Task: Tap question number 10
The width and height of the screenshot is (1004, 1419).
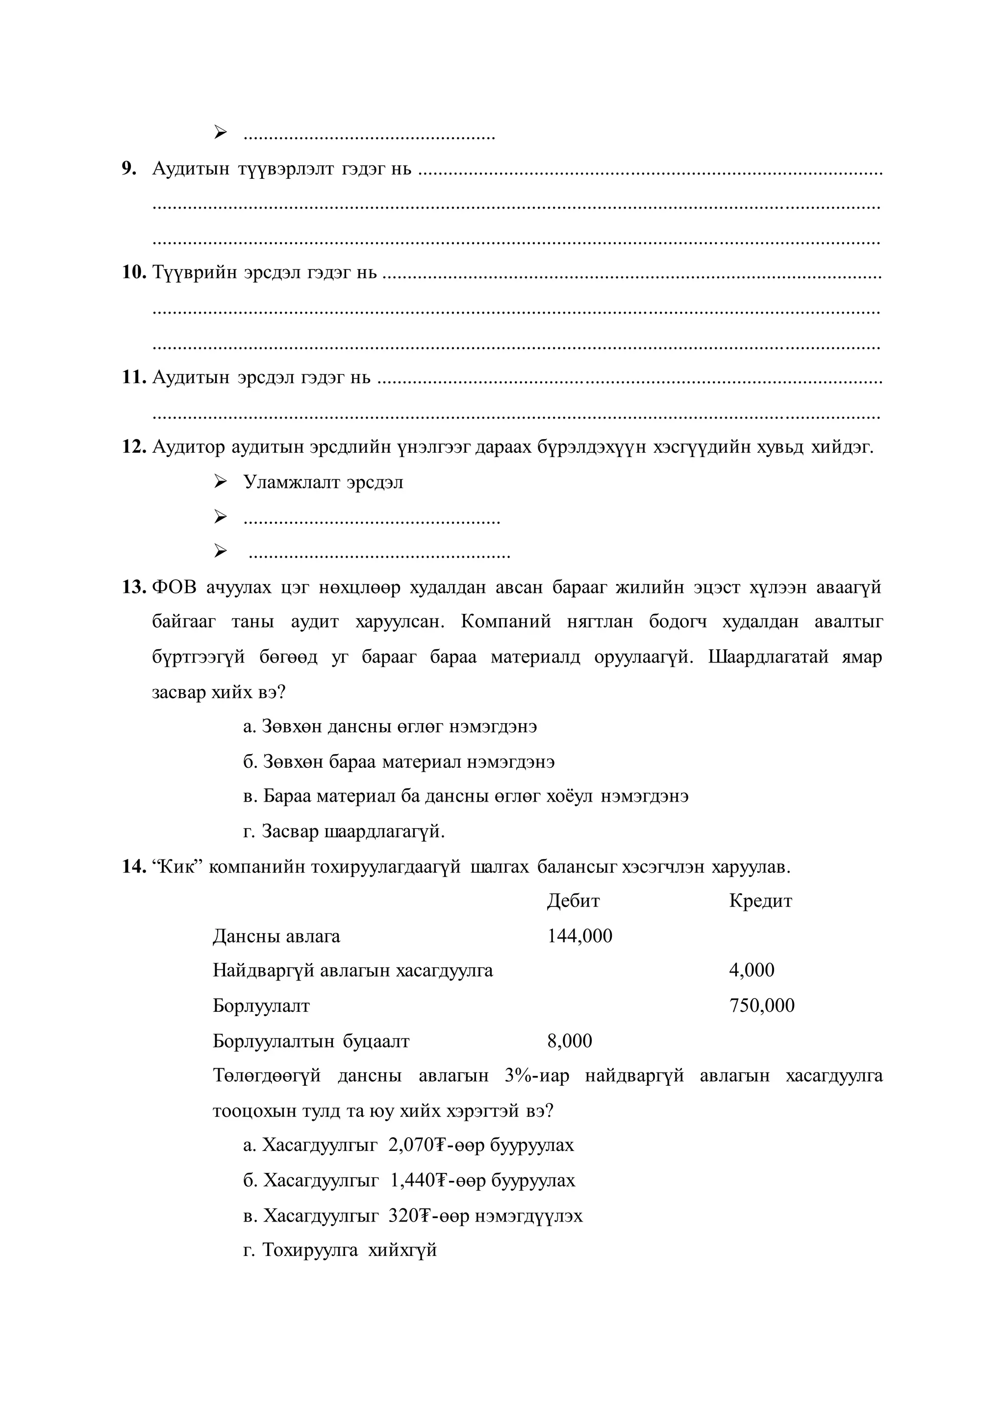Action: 133,272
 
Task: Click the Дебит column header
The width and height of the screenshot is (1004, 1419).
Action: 573,901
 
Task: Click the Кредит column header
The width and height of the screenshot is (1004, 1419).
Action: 760,901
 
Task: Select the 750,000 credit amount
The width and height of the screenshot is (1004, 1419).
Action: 762,1005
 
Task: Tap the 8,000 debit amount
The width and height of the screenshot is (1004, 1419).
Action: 569,1041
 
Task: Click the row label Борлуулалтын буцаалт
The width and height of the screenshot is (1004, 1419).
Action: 311,1041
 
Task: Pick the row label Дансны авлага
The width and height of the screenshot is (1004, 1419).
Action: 276,936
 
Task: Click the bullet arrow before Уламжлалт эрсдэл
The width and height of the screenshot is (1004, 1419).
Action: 221,482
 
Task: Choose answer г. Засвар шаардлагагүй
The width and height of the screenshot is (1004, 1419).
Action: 344,831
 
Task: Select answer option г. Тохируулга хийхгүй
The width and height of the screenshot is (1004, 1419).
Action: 340,1250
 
